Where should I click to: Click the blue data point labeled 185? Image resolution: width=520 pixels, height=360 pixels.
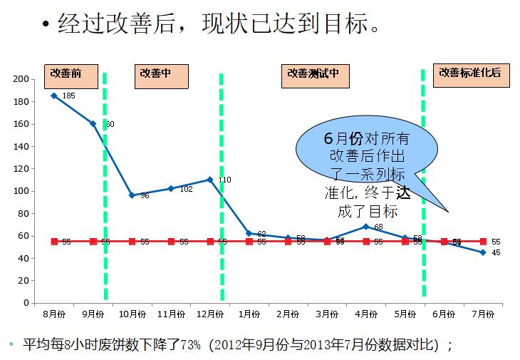tap(53, 96)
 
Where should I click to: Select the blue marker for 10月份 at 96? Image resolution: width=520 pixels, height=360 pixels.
tap(132, 195)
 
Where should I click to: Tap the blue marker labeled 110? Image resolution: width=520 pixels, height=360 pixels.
tap(210, 180)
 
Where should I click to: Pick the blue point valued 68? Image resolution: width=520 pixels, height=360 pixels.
tap(366, 227)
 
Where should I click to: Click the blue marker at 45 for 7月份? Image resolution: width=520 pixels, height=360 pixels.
tap(483, 252)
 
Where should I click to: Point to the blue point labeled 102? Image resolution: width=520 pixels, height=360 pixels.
tap(171, 188)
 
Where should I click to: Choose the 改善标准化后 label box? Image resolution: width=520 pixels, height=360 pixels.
tap(469, 75)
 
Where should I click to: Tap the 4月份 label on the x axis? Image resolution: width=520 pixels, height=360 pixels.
tap(366, 313)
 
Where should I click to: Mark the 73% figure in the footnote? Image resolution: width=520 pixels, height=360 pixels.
tap(191, 346)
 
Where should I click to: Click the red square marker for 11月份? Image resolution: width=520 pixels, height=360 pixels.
tap(171, 242)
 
